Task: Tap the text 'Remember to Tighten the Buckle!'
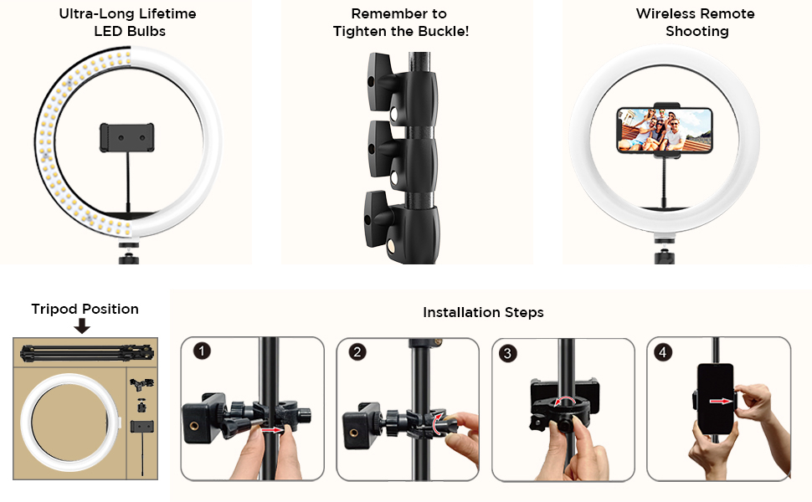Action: pyautogui.click(x=399, y=23)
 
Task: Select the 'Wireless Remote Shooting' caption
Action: pyautogui.click(x=695, y=23)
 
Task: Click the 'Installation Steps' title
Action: pyautogui.click(x=483, y=312)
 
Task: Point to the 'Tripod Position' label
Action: pyautogui.click(x=85, y=309)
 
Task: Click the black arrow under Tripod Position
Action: pyautogui.click(x=82, y=325)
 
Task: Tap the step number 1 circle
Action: pyautogui.click(x=202, y=351)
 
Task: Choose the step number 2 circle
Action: pyautogui.click(x=357, y=351)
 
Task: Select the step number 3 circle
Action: pyautogui.click(x=507, y=353)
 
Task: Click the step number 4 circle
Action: pyautogui.click(x=663, y=352)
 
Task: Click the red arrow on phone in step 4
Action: pyautogui.click(x=719, y=401)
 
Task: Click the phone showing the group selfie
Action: pyautogui.click(x=664, y=130)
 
